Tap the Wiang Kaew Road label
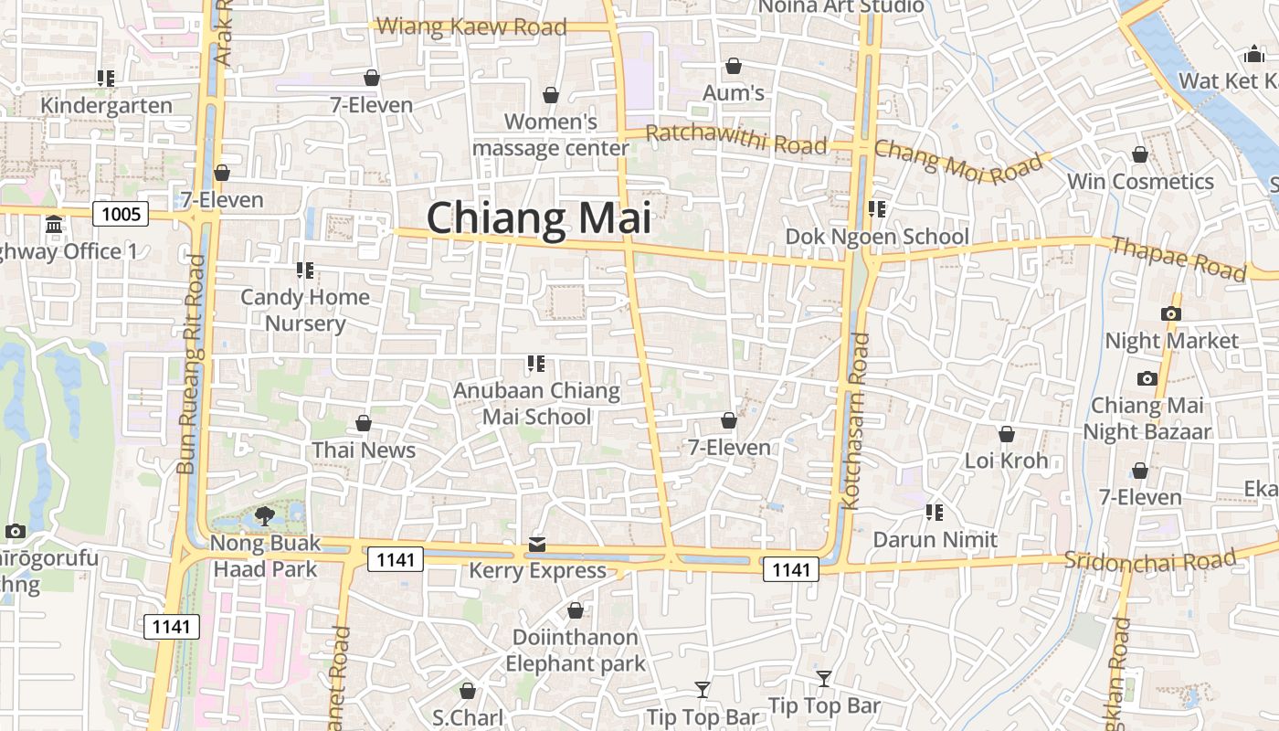coord(471,26)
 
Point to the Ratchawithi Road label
coord(735,140)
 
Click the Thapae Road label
coord(1179,258)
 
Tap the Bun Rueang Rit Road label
coord(191,364)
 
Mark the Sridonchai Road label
coord(1149,559)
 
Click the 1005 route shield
coord(122,215)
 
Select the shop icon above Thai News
coord(364,423)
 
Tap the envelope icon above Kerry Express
coord(537,545)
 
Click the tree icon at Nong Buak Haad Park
coord(265,516)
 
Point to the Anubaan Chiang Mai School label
coord(537,404)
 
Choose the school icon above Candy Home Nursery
coord(305,270)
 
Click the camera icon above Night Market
coord(1171,313)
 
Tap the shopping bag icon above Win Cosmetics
coord(1140,154)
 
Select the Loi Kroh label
coord(1007,461)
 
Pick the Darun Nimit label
coord(935,539)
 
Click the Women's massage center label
coord(551,134)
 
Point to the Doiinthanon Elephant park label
coord(576,650)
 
